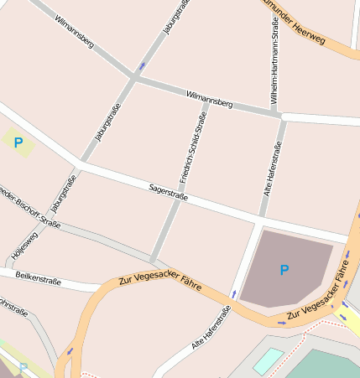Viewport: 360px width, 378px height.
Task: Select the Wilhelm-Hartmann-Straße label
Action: [274, 63]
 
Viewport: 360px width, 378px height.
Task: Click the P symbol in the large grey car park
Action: [284, 270]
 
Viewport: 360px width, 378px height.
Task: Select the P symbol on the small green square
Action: [18, 143]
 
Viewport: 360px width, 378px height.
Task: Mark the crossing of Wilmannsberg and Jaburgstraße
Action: [134, 78]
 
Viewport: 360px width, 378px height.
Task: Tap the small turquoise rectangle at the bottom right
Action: [269, 360]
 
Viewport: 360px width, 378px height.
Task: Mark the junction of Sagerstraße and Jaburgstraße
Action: [81, 162]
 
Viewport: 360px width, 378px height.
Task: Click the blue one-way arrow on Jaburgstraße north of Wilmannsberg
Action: [142, 65]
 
